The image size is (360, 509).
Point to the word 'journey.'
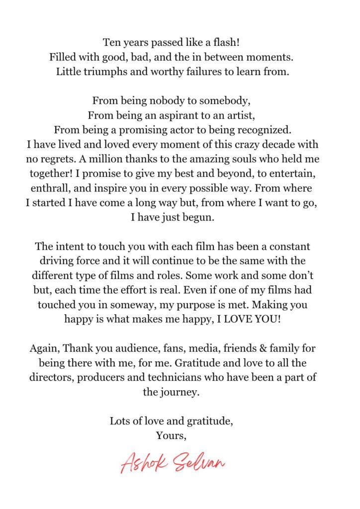[x=180, y=392]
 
